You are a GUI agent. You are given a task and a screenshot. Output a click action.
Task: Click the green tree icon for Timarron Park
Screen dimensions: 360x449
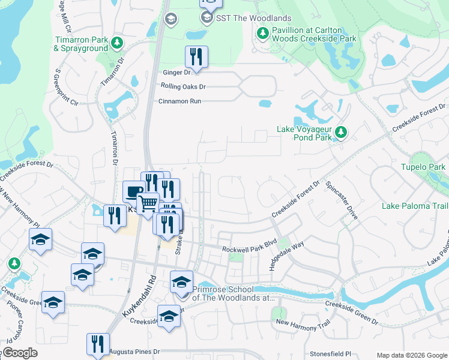click(117, 43)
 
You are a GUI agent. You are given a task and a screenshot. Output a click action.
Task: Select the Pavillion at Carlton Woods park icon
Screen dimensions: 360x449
click(262, 34)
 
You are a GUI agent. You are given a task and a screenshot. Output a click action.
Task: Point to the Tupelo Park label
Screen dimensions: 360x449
click(423, 166)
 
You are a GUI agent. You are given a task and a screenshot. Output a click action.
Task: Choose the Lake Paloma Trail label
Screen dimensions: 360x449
click(415, 206)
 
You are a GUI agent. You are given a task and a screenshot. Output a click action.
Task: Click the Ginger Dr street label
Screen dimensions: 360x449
click(176, 73)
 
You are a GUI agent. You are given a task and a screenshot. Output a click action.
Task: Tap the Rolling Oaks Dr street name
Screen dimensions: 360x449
click(183, 86)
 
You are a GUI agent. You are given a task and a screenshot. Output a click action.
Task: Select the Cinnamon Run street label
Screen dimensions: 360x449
click(179, 101)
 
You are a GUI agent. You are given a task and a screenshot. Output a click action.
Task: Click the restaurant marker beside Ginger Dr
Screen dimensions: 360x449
click(196, 57)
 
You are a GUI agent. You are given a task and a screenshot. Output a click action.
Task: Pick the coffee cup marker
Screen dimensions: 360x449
click(133, 192)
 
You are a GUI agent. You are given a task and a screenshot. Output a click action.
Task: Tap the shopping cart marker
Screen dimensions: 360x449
click(148, 203)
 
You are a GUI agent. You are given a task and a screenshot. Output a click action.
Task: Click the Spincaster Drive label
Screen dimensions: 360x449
click(342, 201)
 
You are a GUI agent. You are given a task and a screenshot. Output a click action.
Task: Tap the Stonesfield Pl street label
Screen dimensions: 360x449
click(330, 355)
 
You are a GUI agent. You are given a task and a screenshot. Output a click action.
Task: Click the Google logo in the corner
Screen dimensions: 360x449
click(19, 353)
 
